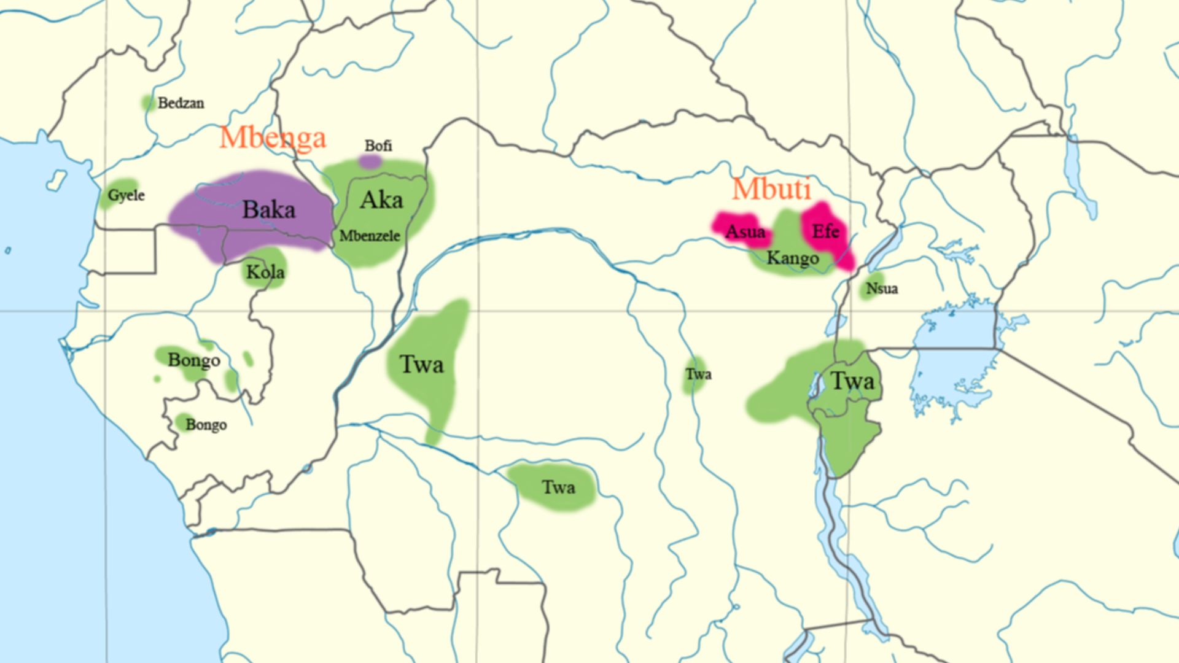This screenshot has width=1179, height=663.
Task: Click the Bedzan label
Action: [181, 103]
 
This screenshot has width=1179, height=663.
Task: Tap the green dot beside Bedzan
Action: [147, 103]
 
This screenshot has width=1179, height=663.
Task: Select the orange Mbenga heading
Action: [272, 137]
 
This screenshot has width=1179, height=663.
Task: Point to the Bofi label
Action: [378, 145]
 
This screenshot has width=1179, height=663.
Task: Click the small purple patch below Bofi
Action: [370, 161]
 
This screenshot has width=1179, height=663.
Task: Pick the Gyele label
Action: [126, 195]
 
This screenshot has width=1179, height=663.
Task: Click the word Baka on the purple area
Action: [268, 209]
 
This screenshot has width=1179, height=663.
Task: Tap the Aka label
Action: [381, 200]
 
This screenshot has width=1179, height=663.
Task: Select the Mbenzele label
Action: [370, 236]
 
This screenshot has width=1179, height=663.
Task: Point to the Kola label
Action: [265, 271]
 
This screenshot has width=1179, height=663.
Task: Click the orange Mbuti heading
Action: [771, 188]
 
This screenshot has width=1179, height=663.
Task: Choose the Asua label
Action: [745, 232]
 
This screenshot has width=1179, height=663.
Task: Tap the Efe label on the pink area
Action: [825, 231]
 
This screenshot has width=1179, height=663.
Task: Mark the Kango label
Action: [792, 258]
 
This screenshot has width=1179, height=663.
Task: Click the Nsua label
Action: [882, 288]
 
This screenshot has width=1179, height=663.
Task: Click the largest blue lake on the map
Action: [958, 356]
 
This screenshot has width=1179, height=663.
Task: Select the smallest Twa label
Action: [698, 374]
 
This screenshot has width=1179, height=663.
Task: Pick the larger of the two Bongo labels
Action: [194, 360]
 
